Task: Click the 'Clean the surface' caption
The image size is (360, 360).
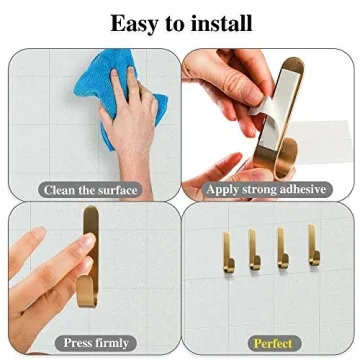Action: [x=90, y=189]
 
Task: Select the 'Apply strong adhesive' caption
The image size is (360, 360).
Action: [x=265, y=188]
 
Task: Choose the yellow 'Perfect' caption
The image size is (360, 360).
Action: [x=271, y=343]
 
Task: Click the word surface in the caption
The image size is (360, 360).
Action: [x=113, y=189]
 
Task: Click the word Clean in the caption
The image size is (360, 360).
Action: [x=58, y=189]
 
